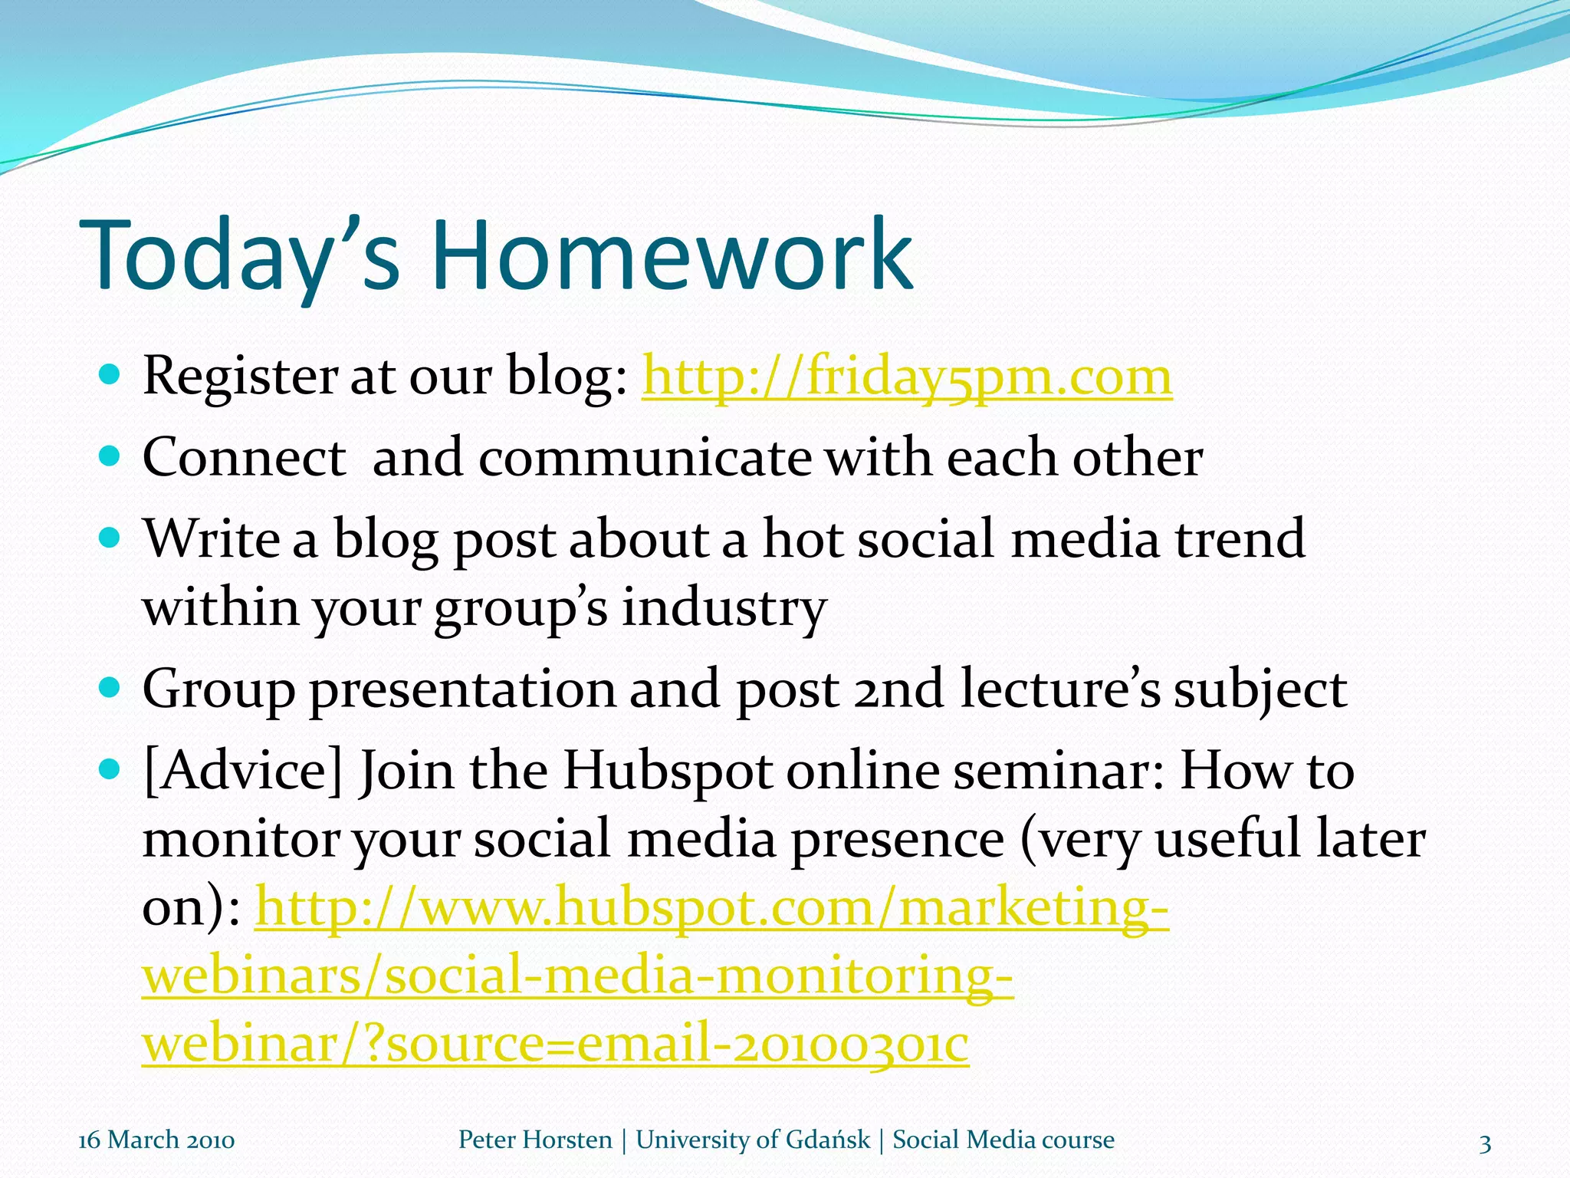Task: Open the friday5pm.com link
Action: (x=907, y=377)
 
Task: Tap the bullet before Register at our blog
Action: (x=110, y=375)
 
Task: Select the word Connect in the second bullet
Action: (x=244, y=458)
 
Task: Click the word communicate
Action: (x=645, y=458)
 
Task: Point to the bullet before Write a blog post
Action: (x=110, y=538)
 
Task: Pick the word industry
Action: (x=724, y=607)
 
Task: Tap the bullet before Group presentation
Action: (x=110, y=686)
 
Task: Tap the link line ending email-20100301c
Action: (x=555, y=1044)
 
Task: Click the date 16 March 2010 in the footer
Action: (x=156, y=1140)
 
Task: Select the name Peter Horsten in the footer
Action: (x=535, y=1140)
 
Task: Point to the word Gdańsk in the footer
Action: (x=828, y=1140)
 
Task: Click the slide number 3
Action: (x=1485, y=1144)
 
